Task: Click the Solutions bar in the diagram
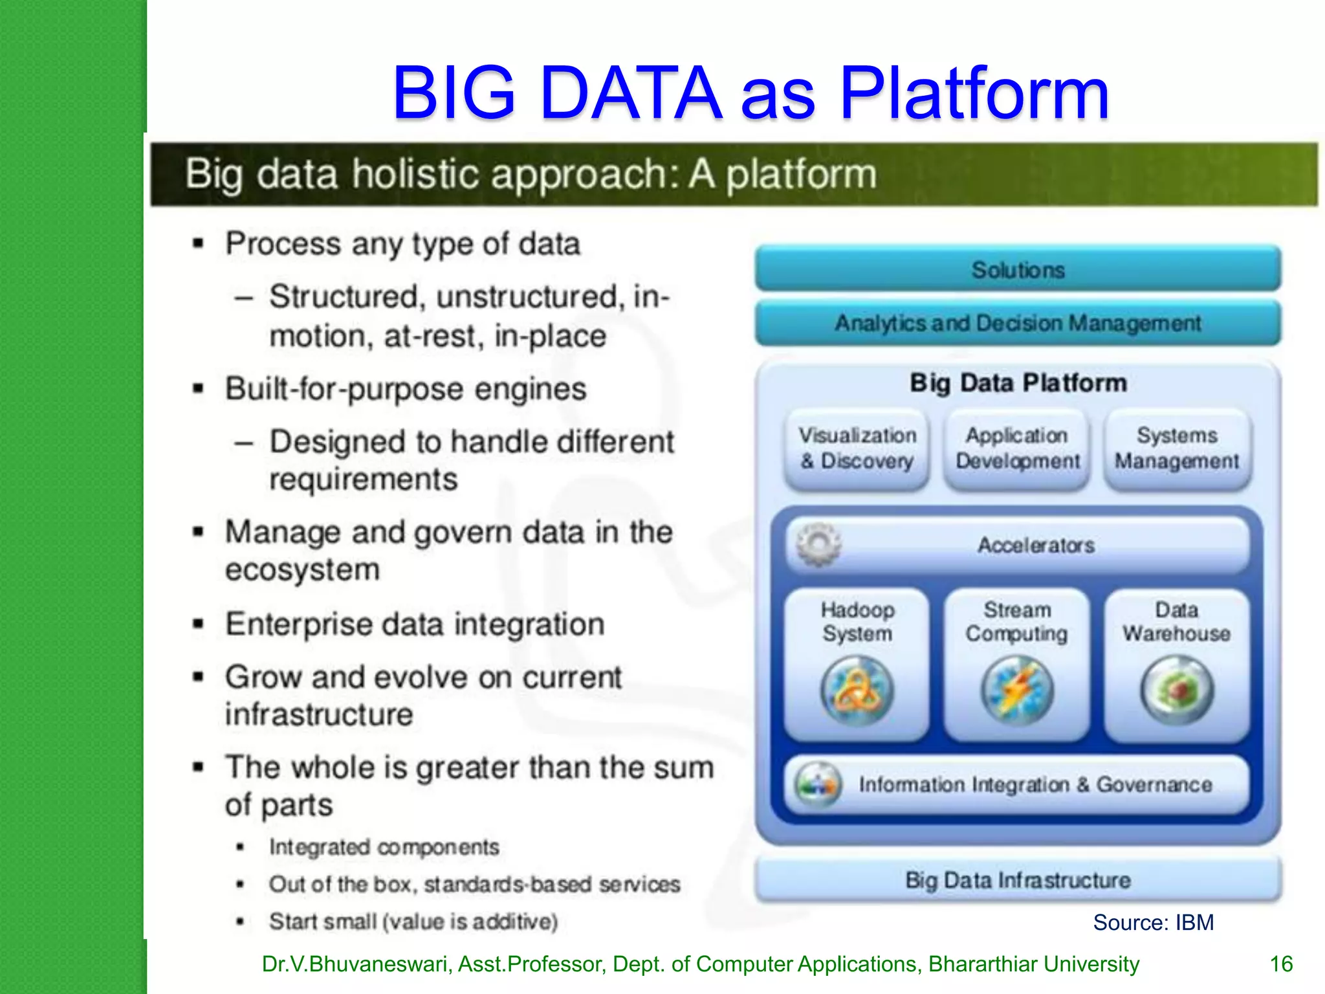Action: [1018, 269]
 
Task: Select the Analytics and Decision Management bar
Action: [1018, 322]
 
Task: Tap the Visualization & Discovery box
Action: [857, 448]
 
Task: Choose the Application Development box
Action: [1017, 448]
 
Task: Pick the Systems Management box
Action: [1177, 448]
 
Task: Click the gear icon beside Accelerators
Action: [818, 545]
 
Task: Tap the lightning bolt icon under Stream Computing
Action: [1017, 690]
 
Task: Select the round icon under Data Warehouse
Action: [1177, 690]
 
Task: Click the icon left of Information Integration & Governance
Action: [818, 784]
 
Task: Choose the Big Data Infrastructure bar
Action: [1018, 880]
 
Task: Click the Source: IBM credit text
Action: [1153, 922]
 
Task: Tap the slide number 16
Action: [1281, 964]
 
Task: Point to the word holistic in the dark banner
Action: [415, 174]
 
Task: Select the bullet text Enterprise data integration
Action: [415, 624]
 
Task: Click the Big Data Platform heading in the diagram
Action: [1018, 382]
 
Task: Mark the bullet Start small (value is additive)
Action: [413, 921]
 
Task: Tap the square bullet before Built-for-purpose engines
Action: [199, 390]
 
